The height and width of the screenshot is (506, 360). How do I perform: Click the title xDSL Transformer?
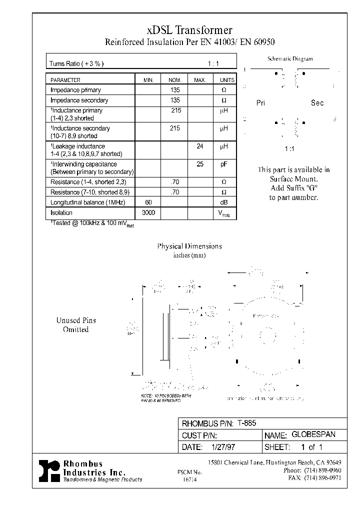point(189,30)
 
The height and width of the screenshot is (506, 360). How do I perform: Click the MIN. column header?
point(148,80)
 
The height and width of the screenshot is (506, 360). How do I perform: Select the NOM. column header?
point(174,80)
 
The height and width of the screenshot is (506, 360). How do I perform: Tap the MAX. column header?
point(200,80)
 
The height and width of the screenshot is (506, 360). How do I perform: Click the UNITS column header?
point(226,80)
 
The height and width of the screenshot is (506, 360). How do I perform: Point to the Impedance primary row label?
point(75,90)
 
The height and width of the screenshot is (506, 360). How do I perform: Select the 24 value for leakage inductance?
point(200,146)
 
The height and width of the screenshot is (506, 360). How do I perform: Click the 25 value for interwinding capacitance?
point(200,164)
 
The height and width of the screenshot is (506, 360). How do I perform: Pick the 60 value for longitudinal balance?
point(148,202)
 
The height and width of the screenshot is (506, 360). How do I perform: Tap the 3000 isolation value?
point(148,212)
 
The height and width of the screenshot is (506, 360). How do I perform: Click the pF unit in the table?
point(224,164)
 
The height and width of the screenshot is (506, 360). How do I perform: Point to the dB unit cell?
point(224,202)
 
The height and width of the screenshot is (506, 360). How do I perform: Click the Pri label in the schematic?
point(260,103)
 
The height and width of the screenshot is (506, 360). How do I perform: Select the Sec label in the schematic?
point(317,103)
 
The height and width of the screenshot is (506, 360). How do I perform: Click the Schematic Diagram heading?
point(290,58)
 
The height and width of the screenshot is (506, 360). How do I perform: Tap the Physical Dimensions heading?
point(189,246)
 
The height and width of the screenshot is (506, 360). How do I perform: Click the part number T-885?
point(246,423)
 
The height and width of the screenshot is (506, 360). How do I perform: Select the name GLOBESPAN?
point(313,434)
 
